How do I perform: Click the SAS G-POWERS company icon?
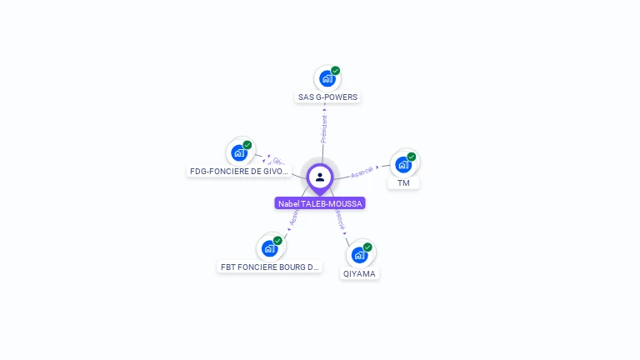[327, 79]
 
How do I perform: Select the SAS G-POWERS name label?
[327, 97]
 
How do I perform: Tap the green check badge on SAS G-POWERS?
[336, 71]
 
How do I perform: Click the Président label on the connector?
[324, 127]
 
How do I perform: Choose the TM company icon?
[403, 164]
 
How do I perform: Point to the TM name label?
[403, 182]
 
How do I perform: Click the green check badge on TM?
[412, 157]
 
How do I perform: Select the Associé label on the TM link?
[362, 172]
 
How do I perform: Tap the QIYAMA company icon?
[359, 254]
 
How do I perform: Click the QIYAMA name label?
[360, 273]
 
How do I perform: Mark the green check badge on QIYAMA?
[367, 247]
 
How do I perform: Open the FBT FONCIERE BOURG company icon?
[269, 247]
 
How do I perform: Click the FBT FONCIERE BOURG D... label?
[269, 267]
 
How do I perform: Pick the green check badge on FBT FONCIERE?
[277, 241]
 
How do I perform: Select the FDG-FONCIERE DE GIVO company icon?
[239, 152]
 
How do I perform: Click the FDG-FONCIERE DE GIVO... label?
[239, 171]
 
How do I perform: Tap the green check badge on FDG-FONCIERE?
[247, 145]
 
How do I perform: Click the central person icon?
[320, 177]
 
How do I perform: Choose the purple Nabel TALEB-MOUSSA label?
[320, 202]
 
